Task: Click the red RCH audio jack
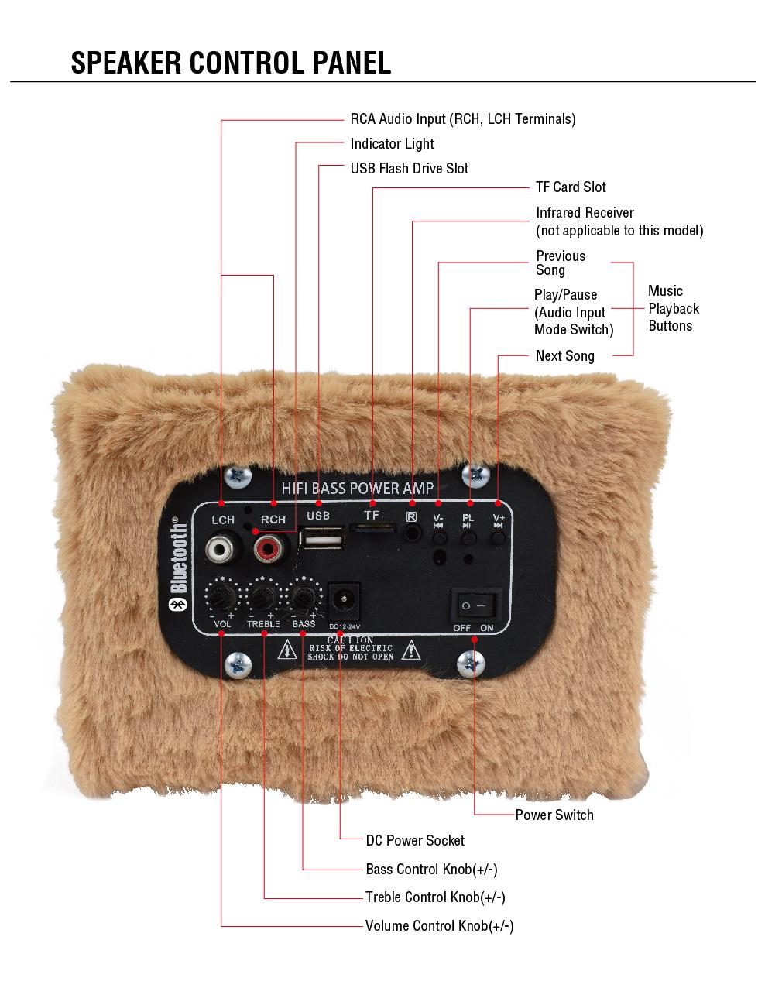tap(269, 549)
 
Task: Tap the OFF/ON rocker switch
tap(475, 604)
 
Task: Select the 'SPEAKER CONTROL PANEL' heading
tap(231, 63)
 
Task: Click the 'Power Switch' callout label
tap(554, 815)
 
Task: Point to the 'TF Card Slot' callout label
tap(571, 187)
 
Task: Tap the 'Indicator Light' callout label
tap(392, 144)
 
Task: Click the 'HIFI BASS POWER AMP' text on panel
tap(358, 489)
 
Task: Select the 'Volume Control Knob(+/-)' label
tap(439, 926)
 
